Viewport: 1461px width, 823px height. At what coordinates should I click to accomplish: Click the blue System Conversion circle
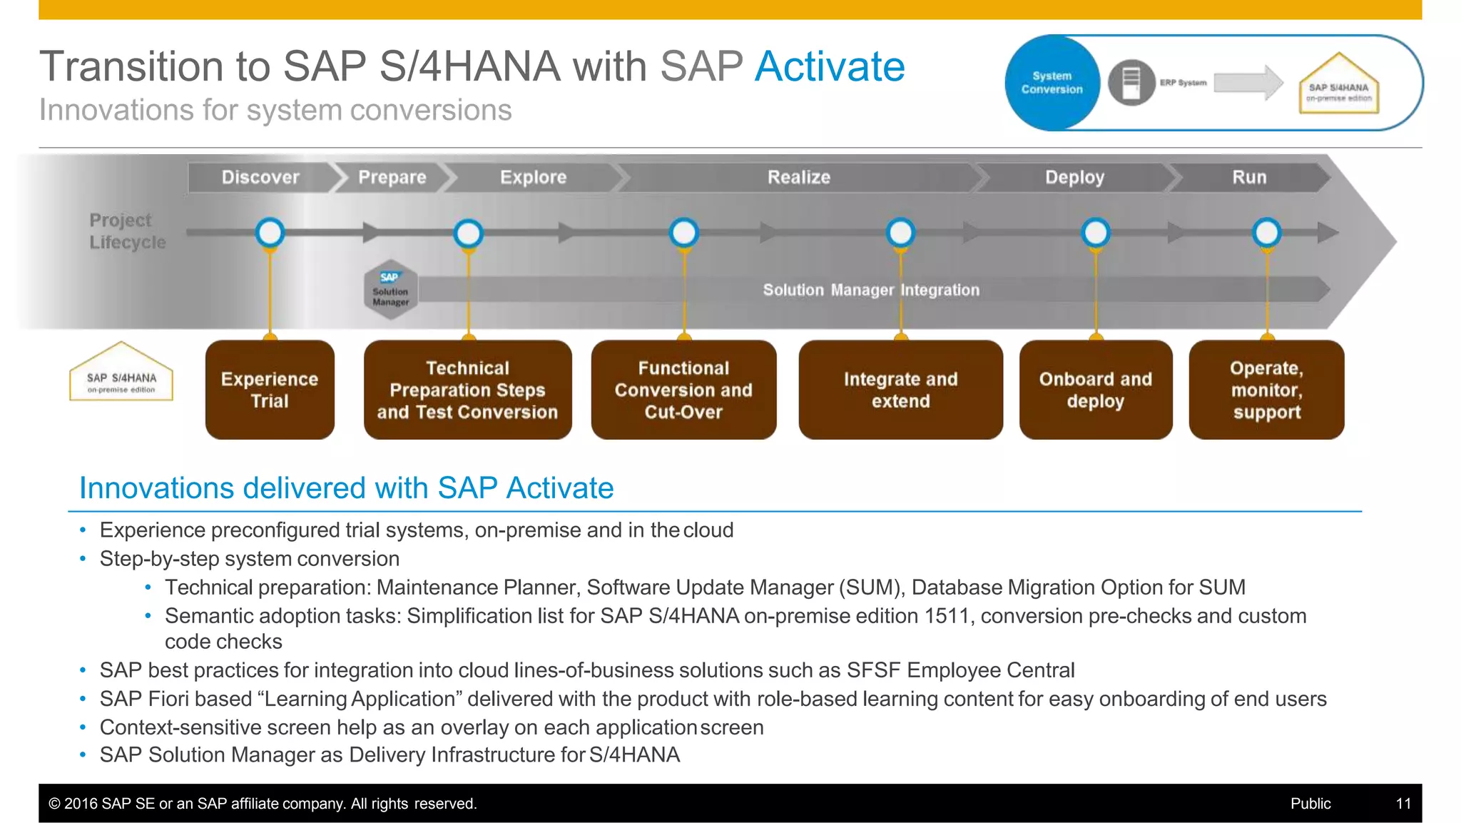pos(1052,83)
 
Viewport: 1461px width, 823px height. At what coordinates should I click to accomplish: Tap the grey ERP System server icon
pos(1131,83)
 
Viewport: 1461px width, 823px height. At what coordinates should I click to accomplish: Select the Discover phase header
pos(260,177)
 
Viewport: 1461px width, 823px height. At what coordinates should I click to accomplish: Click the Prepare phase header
pos(392,177)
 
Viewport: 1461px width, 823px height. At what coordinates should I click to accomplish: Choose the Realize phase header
pos(798,177)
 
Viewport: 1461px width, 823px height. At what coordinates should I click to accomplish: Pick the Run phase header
pos(1248,177)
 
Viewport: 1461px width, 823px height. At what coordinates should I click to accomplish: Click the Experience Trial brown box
pos(270,390)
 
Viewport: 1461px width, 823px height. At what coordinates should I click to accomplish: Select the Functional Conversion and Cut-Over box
pos(683,390)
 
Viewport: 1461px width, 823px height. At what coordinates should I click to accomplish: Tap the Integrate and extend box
pos(900,390)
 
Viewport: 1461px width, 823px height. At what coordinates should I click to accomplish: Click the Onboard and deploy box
pos(1095,390)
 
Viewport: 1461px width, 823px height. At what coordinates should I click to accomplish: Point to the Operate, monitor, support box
pos(1266,390)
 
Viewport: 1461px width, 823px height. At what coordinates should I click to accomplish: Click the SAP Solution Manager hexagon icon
pos(390,289)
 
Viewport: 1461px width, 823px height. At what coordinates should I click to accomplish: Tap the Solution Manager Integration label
pos(871,290)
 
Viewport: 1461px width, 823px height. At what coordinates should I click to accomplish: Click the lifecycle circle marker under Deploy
pos(1095,233)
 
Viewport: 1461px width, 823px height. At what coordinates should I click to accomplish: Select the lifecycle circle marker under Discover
pos(270,233)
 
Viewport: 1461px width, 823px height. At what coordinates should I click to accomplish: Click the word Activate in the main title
pos(829,67)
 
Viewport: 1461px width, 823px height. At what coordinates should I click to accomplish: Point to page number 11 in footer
pos(1403,804)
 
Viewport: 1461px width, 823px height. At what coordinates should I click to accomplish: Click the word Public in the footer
pos(1310,804)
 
